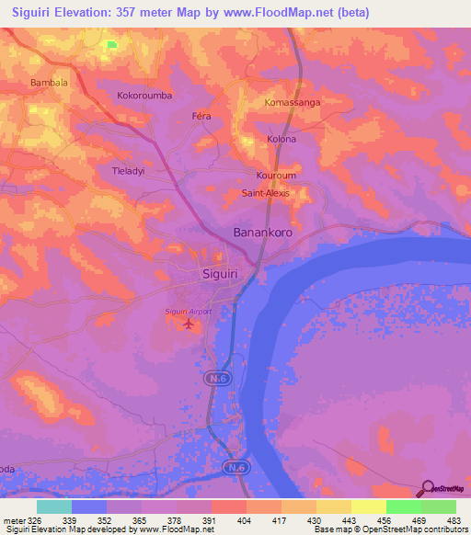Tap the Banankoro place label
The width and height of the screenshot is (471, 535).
(x=262, y=233)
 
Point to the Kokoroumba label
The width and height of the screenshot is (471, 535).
(x=145, y=95)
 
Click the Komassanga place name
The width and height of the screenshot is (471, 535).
(x=292, y=102)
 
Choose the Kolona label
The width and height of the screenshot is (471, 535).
(x=281, y=139)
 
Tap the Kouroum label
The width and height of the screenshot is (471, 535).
(x=275, y=175)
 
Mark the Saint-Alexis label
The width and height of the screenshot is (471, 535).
(x=267, y=193)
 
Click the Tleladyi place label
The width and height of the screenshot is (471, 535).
(x=130, y=171)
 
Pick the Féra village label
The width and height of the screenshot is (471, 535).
(x=201, y=117)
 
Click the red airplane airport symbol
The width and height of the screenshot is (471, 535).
(x=190, y=324)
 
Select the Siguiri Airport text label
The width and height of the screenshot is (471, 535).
(x=189, y=312)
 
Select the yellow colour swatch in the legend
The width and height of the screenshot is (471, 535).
(x=368, y=507)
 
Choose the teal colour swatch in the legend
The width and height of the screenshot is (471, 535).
(x=54, y=507)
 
